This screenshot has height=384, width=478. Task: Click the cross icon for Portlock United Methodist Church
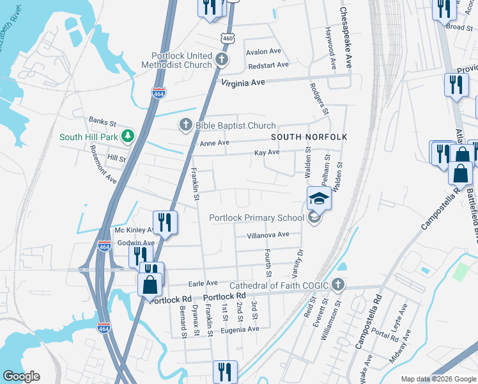click(222, 60)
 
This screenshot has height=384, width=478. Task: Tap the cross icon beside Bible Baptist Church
click(186, 125)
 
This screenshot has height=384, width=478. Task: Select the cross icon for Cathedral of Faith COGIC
click(338, 284)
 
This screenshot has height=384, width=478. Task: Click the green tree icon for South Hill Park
click(128, 136)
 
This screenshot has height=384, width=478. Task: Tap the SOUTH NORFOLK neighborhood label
click(309, 137)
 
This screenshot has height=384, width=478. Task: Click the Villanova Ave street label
click(268, 235)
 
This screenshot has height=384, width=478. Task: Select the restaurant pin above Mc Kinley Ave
click(165, 223)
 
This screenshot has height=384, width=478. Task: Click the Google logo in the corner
click(21, 376)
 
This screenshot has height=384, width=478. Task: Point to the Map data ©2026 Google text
click(438, 379)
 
